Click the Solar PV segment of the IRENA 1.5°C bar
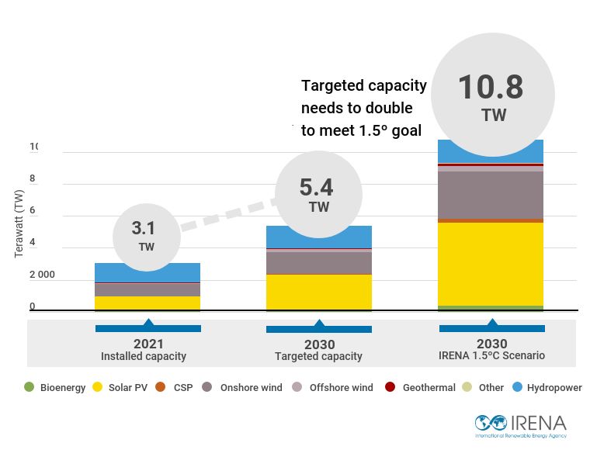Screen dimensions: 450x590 coord(491,264)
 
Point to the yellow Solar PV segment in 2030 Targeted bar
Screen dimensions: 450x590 coord(319,292)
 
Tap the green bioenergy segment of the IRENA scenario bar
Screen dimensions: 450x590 coord(491,308)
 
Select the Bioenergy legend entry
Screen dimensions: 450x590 coord(55,387)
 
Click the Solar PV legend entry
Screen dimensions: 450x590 coord(123,387)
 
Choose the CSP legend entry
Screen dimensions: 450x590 coord(178,387)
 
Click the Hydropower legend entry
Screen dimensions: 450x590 coord(547,387)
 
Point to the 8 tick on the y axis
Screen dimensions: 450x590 coord(33,178)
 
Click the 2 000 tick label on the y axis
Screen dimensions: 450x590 coord(42,275)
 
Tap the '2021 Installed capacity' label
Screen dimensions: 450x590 coord(144,351)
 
